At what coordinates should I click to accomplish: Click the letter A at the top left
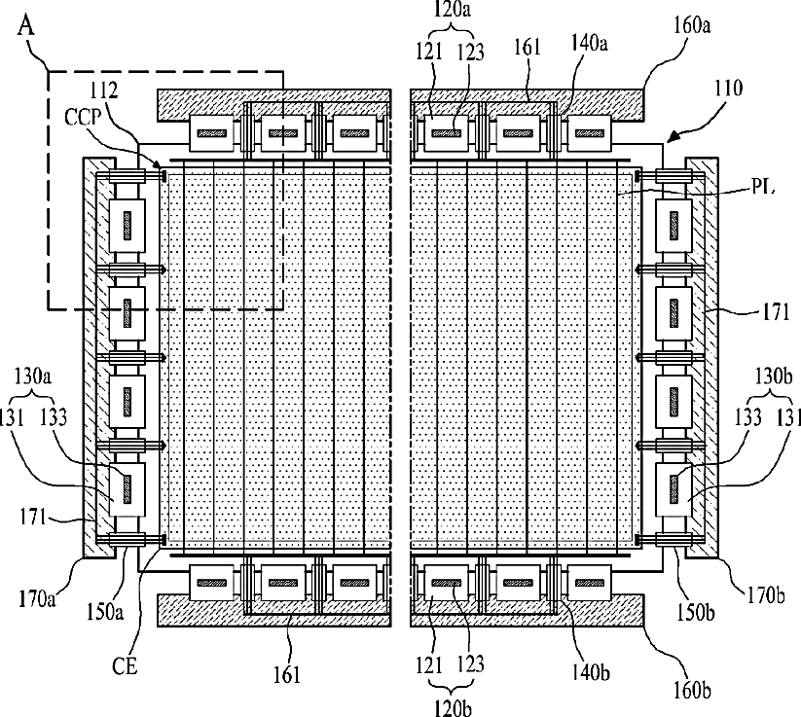point(26,24)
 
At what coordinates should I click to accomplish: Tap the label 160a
point(691,25)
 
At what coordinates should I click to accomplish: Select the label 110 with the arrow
point(727,89)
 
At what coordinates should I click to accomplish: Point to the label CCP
point(84,117)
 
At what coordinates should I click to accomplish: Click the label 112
point(104,90)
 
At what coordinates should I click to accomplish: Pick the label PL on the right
point(763,187)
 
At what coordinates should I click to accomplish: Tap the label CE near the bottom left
point(125,666)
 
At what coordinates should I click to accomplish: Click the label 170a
point(38,597)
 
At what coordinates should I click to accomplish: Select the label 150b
point(695,612)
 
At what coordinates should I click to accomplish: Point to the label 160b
point(692,690)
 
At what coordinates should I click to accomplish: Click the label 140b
point(591,673)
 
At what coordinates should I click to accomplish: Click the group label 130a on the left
point(32,376)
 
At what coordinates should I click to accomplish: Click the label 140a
point(589,43)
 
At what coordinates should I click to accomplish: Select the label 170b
point(764,595)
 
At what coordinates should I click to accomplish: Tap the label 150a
point(105,612)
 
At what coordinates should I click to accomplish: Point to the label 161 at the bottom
point(288,675)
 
